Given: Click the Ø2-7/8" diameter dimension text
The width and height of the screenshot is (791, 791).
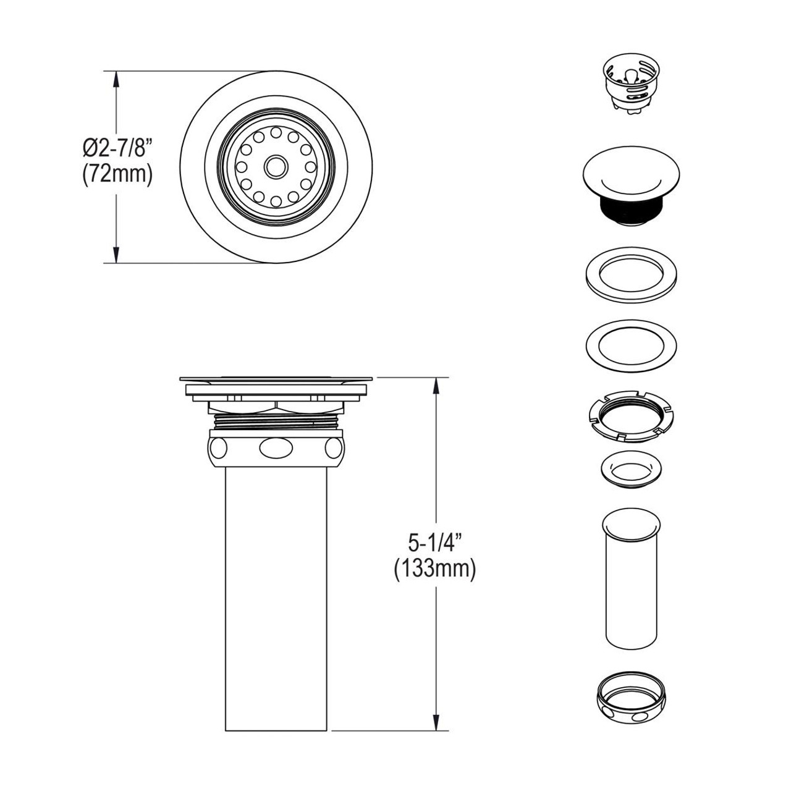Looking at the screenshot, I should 117,149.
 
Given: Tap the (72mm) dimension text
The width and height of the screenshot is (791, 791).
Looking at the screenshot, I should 117,175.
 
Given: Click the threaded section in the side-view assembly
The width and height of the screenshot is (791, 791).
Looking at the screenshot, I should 274,420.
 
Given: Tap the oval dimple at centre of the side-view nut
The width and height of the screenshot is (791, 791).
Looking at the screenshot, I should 274,447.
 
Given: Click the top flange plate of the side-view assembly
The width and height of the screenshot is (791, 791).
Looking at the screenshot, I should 276,378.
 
